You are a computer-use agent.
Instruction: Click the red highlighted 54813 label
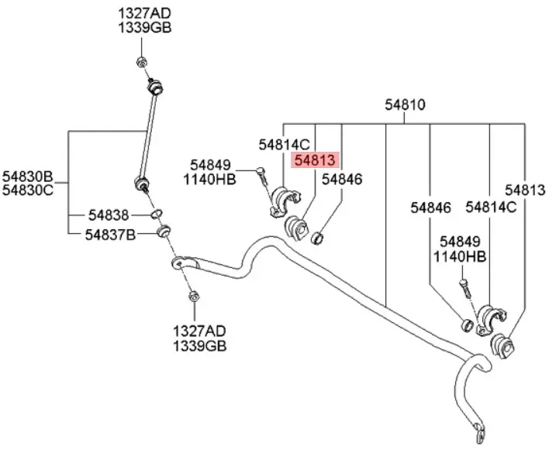[x=314, y=160]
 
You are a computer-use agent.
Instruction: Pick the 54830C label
[x=27, y=190]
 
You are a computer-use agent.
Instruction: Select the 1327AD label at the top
[x=144, y=13]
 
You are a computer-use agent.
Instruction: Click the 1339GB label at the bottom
[x=200, y=346]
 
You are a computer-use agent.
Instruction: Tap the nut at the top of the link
[x=141, y=62]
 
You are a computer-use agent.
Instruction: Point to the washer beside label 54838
[x=156, y=213]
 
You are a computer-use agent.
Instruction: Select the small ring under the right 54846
[x=468, y=322]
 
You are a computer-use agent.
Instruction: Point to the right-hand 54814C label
[x=490, y=207]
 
